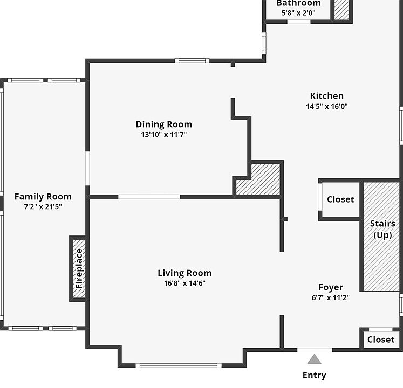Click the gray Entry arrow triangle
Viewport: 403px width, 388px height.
[314, 359]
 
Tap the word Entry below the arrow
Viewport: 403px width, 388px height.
[314, 375]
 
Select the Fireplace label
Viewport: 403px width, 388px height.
[79, 268]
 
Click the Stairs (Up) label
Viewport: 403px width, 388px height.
[382, 229]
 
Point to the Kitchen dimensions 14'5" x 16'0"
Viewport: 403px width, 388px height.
[327, 106]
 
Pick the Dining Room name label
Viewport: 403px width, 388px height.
[163, 124]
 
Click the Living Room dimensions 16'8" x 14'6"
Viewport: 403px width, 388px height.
[185, 283]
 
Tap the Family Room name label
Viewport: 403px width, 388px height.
[43, 197]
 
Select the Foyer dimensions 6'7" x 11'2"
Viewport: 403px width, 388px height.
[331, 297]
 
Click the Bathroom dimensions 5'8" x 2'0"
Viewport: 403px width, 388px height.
[298, 12]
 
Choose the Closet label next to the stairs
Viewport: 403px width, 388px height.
[340, 199]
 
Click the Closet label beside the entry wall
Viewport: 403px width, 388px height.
[381, 339]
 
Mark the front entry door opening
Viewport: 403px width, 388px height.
[315, 350]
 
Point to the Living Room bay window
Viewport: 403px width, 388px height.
[179, 365]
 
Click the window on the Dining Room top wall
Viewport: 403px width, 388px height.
[192, 60]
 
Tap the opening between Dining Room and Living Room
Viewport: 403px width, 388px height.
[149, 197]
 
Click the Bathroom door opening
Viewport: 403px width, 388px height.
[299, 22]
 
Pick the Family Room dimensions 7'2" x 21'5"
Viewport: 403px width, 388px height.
[43, 207]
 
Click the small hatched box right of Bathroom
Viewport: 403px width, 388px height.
[341, 10]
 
